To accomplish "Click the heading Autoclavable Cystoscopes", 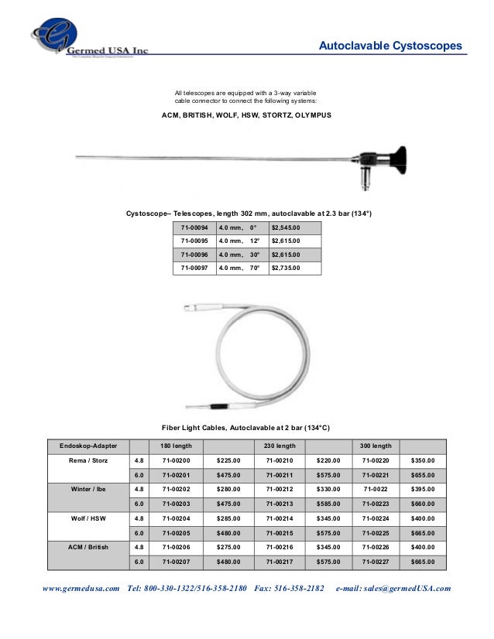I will [390, 46].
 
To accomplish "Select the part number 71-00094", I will [194, 227].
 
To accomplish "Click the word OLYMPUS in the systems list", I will [310, 114].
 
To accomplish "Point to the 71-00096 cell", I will [194, 255].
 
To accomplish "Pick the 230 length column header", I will [280, 446].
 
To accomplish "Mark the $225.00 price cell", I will [229, 461].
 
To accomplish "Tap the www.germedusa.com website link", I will [81, 589].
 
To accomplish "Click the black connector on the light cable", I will [219, 405].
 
